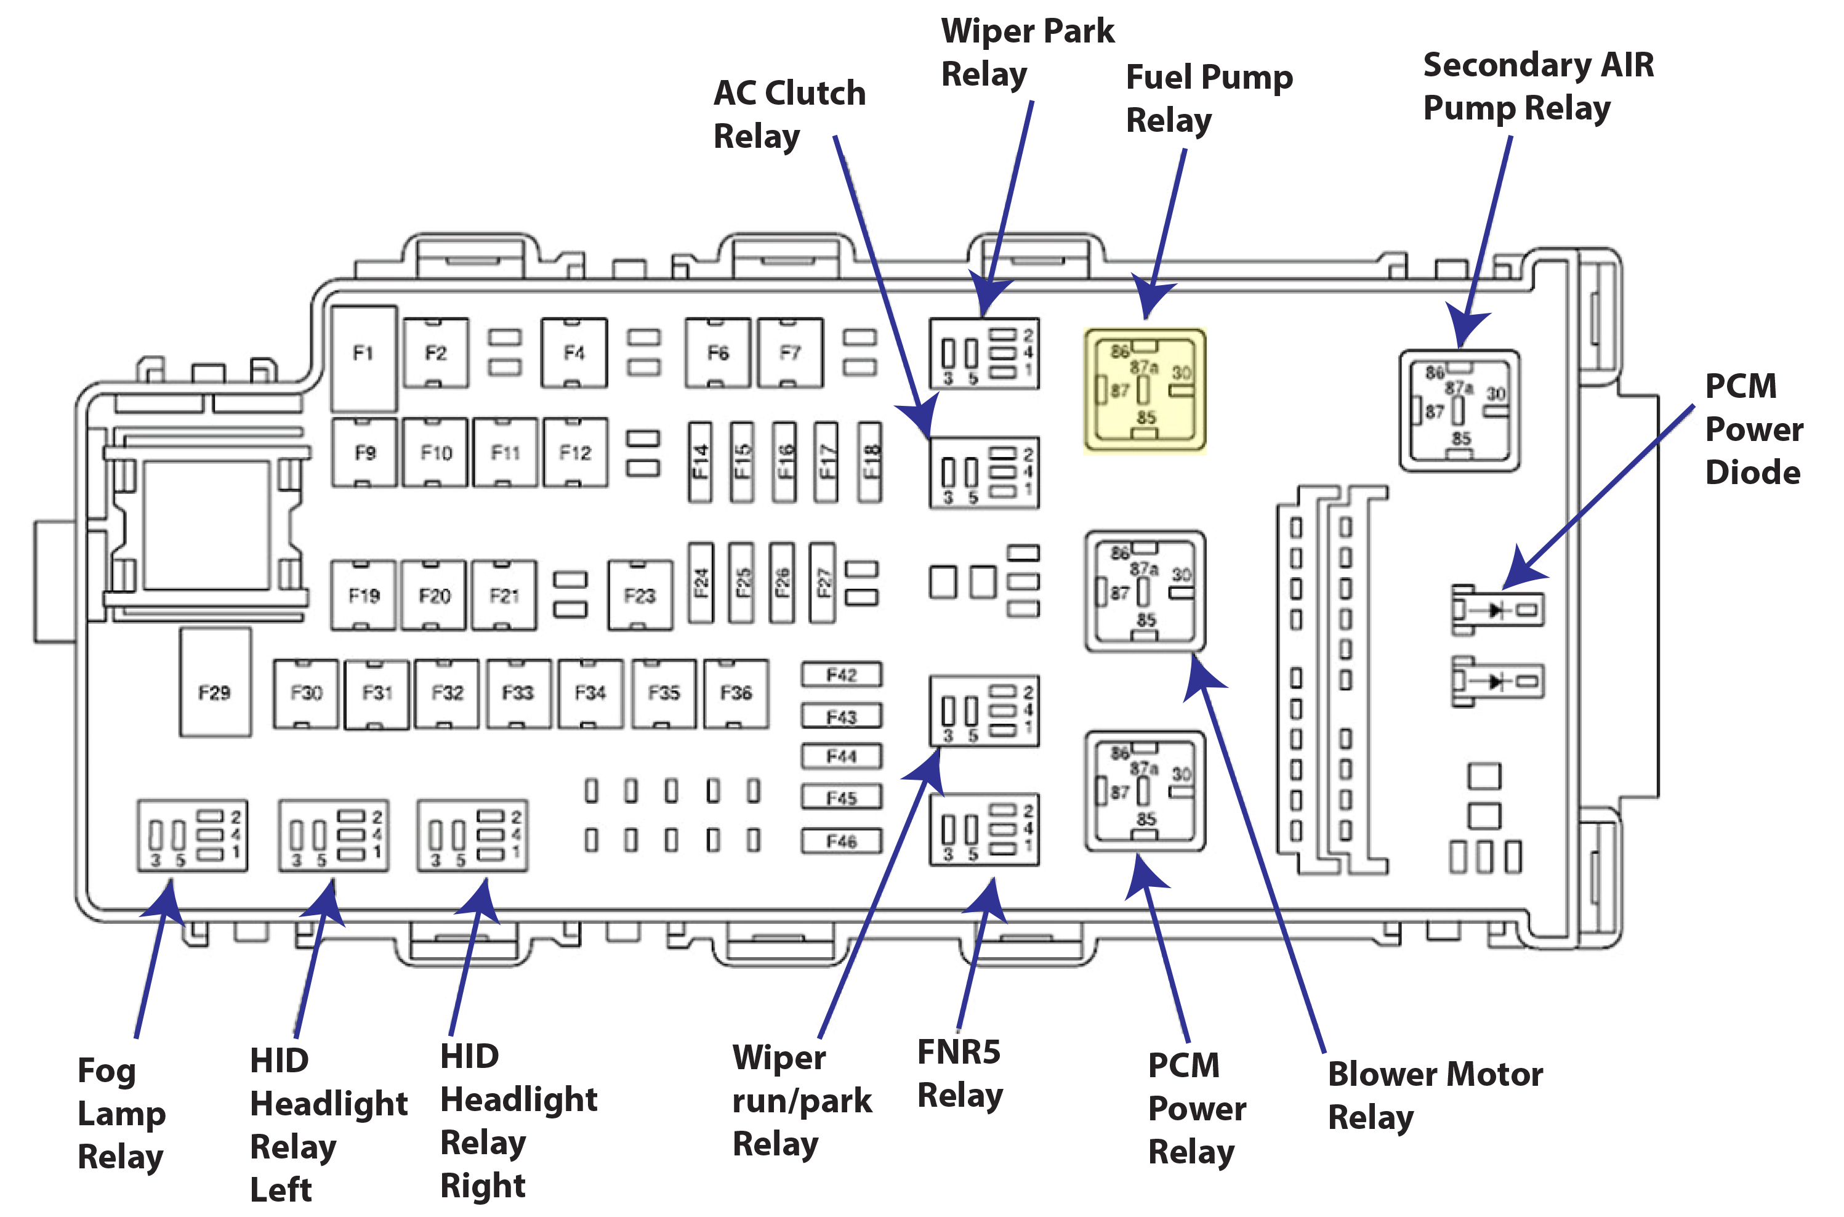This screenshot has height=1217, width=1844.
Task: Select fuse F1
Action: click(x=363, y=357)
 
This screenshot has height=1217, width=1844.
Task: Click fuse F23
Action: click(x=639, y=596)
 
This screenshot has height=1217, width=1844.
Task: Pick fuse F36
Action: click(x=735, y=693)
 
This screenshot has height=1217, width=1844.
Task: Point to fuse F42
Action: click(x=841, y=674)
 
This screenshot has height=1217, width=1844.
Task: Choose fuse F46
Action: click(x=841, y=841)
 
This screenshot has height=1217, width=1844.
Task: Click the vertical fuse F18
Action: click(x=869, y=463)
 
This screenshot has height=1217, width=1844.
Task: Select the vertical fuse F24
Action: click(x=701, y=583)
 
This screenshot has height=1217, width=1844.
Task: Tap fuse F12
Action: click(x=575, y=453)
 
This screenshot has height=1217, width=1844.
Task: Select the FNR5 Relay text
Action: click(x=960, y=1073)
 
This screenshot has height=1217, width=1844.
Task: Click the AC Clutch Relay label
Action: click(x=788, y=114)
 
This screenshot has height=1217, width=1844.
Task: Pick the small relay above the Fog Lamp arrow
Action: click(x=191, y=836)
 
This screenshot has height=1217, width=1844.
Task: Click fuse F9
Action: click(x=364, y=453)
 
